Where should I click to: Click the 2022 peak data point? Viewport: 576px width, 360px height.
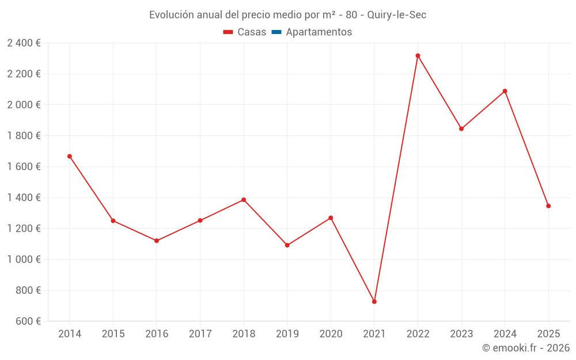point(418,56)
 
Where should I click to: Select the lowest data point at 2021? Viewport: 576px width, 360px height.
point(374,302)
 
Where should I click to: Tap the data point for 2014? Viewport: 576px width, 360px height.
point(70,156)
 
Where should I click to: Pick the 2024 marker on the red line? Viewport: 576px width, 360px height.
point(505,91)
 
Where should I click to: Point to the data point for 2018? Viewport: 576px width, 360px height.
point(244,200)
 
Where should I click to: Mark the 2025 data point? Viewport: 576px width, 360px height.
point(548,206)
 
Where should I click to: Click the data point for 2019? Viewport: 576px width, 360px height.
point(287,245)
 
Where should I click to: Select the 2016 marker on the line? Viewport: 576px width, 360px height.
point(157,241)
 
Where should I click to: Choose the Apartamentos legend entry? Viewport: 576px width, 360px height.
point(319,32)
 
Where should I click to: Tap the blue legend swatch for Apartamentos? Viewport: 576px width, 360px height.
point(276,32)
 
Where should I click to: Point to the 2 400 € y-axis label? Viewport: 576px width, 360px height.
point(24,43)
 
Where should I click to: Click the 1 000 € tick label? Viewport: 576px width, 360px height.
point(24,259)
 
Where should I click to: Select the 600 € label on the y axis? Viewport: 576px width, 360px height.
point(26,321)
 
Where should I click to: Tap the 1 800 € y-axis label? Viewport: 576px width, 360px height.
point(24,136)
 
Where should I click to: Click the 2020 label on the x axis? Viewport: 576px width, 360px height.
point(331,334)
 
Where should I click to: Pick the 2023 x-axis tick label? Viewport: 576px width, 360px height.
point(461,334)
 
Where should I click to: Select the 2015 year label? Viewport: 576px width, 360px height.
point(113,334)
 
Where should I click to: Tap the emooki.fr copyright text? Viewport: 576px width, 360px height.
point(525,348)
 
